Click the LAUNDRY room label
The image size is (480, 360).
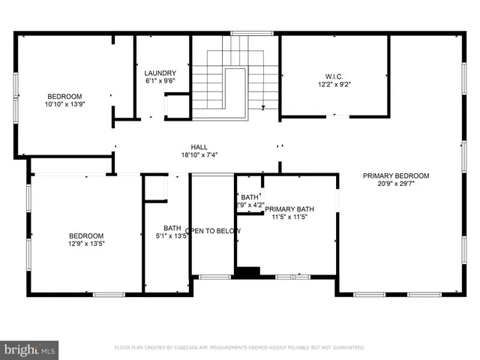(160, 73)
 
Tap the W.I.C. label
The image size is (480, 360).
(334, 76)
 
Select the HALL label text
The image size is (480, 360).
(199, 147)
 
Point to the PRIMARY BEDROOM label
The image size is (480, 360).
(396, 176)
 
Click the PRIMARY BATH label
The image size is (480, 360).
(289, 209)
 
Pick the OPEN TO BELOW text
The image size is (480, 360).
(213, 231)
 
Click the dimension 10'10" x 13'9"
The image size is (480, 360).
(65, 106)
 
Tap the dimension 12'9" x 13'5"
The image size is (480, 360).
(86, 244)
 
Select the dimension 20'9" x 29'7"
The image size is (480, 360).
(396, 184)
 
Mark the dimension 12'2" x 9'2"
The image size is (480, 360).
(334, 85)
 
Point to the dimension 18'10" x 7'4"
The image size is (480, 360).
(199, 155)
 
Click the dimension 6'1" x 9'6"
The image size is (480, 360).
(160, 81)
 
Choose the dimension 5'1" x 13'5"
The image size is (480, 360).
(172, 236)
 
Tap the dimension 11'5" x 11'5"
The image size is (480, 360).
(289, 217)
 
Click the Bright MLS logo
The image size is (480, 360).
(29, 349)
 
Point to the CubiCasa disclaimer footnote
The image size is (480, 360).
(239, 348)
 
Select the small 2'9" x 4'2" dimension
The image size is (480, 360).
(249, 204)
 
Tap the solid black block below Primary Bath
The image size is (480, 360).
(247, 271)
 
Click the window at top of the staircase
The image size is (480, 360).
(242, 33)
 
